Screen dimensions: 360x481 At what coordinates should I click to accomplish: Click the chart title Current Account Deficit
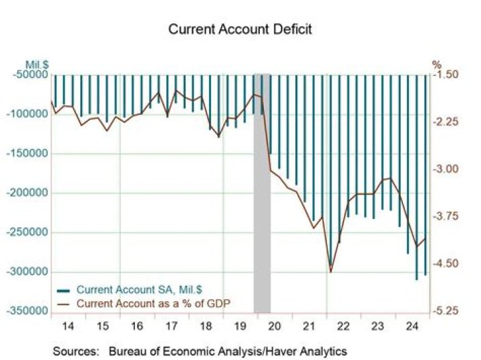(240, 29)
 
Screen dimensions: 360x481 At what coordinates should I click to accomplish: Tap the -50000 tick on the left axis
(29, 74)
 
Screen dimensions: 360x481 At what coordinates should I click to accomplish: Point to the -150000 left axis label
(27, 154)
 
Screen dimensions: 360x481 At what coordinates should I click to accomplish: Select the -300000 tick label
(27, 273)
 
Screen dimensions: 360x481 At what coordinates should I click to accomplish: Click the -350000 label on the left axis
(27, 312)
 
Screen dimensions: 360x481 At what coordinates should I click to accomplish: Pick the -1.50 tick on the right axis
(446, 74)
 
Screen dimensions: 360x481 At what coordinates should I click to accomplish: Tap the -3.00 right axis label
(446, 169)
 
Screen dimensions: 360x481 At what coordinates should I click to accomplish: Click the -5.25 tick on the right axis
(446, 312)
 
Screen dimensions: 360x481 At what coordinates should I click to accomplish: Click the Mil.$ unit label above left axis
(39, 65)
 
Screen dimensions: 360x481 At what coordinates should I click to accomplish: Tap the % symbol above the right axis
(437, 65)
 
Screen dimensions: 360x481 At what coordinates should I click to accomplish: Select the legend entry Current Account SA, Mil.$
(133, 290)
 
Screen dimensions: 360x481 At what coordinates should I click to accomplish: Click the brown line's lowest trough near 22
(330, 271)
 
